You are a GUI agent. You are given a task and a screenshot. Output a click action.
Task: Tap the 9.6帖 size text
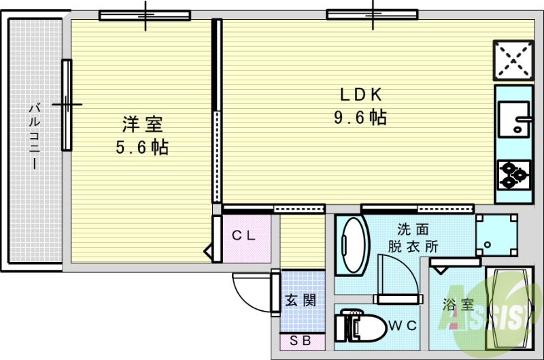click(x=360, y=118)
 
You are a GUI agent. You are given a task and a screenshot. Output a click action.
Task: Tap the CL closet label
click(x=243, y=236)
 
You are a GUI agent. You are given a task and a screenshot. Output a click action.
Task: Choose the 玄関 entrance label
click(x=300, y=300)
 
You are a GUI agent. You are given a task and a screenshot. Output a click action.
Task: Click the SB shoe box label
click(x=299, y=341)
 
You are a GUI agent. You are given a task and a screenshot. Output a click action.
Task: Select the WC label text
click(x=402, y=326)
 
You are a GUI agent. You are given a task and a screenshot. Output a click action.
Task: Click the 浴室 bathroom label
click(x=458, y=305)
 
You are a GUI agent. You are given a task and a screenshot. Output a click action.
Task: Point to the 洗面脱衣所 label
click(x=413, y=238)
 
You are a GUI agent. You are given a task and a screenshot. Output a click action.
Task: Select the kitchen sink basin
click(x=513, y=119)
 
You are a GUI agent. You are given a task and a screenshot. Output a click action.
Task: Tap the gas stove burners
click(x=513, y=174)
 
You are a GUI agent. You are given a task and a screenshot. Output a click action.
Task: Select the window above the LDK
click(x=372, y=14)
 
